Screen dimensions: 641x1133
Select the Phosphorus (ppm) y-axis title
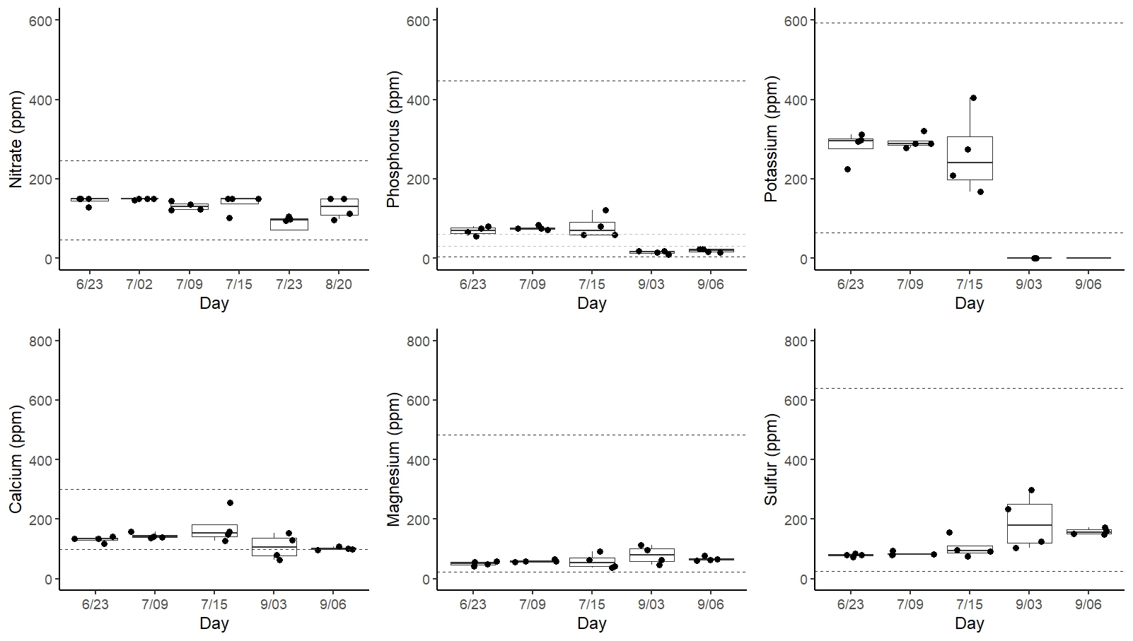tap(393, 140)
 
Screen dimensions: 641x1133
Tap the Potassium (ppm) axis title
tap(771, 140)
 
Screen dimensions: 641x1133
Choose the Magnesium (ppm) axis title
tap(393, 459)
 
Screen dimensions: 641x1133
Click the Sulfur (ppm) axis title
tap(771, 459)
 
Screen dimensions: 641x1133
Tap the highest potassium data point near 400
tap(973, 98)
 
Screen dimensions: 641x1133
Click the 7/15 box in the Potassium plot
tap(970, 158)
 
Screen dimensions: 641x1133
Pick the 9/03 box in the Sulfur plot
tap(1029, 524)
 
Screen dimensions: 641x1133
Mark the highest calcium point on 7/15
tap(230, 502)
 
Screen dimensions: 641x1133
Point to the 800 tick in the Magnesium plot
tap(420, 341)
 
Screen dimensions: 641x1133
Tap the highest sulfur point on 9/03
tap(1031, 490)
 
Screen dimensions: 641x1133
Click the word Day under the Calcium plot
tap(214, 623)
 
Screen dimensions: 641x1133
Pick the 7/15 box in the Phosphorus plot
tap(592, 228)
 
